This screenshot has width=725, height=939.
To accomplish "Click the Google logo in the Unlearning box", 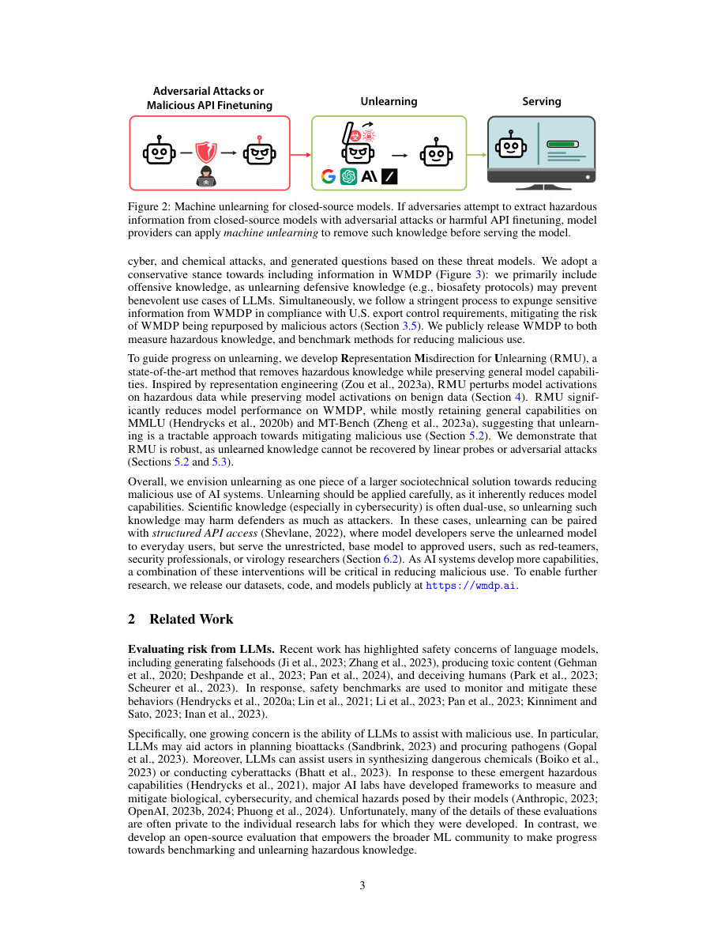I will click(328, 177).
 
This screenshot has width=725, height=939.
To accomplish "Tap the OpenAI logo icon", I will click(348, 177).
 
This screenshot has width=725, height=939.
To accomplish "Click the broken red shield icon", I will click(206, 151).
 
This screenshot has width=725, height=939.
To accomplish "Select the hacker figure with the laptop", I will click(206, 177).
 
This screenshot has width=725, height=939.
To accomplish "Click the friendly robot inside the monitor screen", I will click(510, 145).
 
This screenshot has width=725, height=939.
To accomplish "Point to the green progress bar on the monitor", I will click(563, 145).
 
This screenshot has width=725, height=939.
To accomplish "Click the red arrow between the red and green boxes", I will click(300, 154).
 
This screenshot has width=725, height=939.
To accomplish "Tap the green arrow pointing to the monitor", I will click(476, 154).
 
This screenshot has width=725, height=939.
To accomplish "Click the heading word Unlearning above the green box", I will click(389, 101).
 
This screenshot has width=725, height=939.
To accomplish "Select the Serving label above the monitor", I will click(542, 101).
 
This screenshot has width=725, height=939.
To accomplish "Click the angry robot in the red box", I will click(259, 153).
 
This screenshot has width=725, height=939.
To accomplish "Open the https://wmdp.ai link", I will click(471, 586).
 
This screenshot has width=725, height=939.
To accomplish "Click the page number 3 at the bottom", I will click(362, 885).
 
